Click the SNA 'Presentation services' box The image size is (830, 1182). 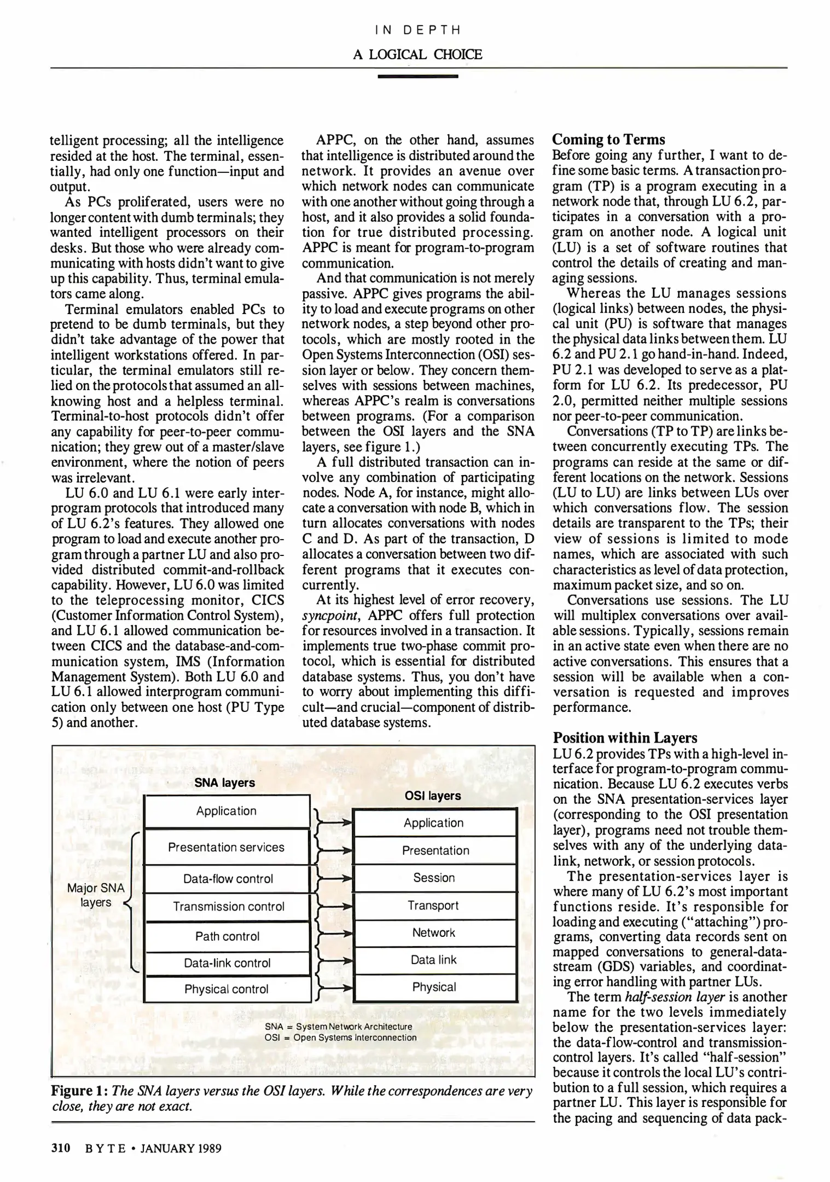pos(227,847)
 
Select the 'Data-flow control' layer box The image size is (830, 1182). pos(228,879)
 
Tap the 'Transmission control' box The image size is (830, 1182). pos(228,907)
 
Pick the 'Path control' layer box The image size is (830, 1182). pos(227,936)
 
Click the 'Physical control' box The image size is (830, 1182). pos(227,989)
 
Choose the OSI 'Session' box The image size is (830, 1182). pos(434,878)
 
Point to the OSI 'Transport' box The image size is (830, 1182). pos(433,905)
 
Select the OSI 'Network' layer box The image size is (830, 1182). pos(434,932)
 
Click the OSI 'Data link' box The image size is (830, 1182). pos(434,960)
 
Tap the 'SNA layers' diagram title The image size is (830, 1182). pos(225,783)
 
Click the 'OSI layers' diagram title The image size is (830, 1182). pos(433,796)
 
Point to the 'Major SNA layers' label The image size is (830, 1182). pos(96,895)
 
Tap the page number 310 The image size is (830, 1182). pos(61,1148)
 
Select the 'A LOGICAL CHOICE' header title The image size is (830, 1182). pos(417,54)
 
